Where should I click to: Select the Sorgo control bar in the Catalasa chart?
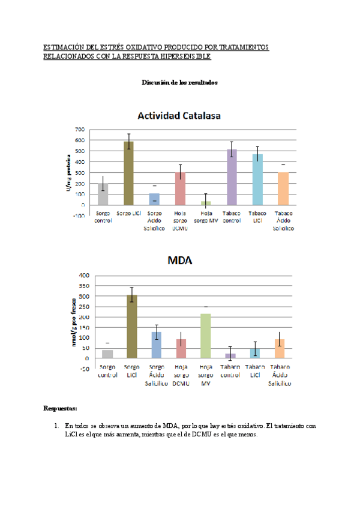(x=103, y=194)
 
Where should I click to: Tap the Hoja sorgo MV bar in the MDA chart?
(x=206, y=336)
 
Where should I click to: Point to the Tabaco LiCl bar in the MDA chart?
(x=255, y=353)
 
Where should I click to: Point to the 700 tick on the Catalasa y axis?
(x=79, y=130)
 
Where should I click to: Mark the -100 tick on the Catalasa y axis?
(x=78, y=216)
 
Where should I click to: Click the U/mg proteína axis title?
(x=68, y=173)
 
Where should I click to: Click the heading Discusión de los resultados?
(x=179, y=82)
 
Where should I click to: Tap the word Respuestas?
(x=60, y=408)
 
